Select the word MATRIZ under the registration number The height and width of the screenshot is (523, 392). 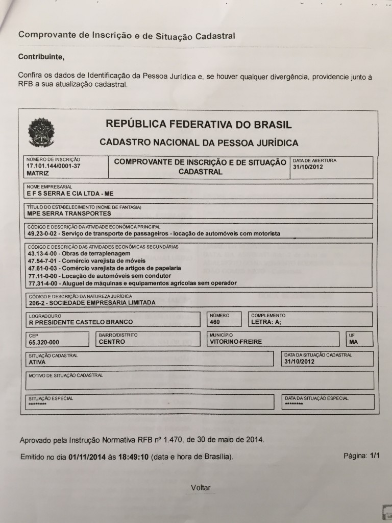(x=37, y=174)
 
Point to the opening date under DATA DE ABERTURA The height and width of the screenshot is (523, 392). (x=308, y=167)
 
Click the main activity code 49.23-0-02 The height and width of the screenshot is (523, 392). (x=41, y=233)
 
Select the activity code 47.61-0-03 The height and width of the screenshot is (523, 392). (x=41, y=268)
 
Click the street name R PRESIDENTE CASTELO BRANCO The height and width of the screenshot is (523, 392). (x=81, y=322)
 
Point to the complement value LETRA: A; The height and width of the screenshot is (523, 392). (x=266, y=322)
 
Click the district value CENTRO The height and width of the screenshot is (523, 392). (x=112, y=342)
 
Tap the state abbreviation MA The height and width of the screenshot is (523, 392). (x=354, y=342)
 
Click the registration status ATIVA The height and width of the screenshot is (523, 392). (x=37, y=362)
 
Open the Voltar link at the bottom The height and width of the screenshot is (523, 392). (x=201, y=488)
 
